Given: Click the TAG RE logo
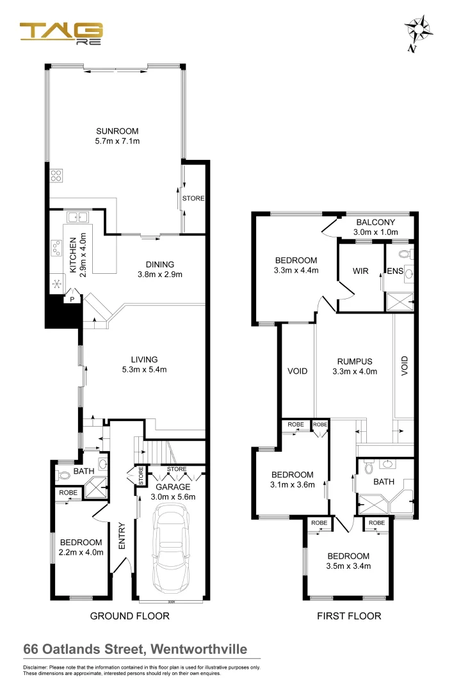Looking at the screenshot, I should (x=61, y=31).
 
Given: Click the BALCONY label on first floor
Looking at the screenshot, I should (x=377, y=223).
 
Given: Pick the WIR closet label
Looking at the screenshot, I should (x=360, y=271).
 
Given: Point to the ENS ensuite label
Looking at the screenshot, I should (x=394, y=271).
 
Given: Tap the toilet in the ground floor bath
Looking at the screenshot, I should (x=64, y=476).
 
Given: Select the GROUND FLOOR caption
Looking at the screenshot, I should (x=130, y=616).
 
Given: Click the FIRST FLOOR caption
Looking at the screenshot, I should (x=349, y=616).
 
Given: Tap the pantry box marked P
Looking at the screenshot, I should (x=72, y=299).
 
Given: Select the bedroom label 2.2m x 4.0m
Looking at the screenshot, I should (x=81, y=547).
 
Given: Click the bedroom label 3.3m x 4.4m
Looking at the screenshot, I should (x=296, y=265).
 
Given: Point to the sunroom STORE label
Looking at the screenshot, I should (x=193, y=198).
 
